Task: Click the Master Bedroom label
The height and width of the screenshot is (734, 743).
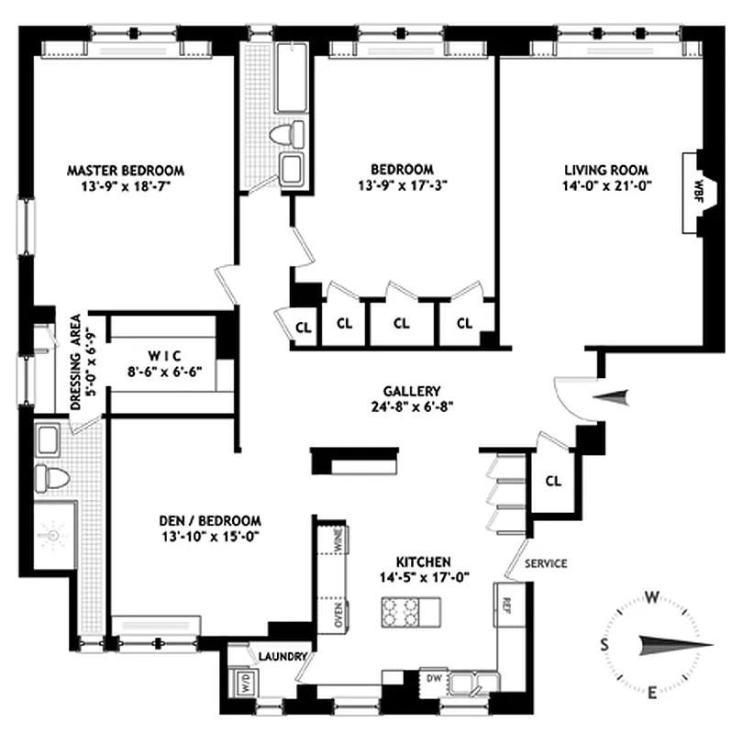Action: point(126,171)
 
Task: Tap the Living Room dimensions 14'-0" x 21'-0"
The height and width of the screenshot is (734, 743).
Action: point(605,186)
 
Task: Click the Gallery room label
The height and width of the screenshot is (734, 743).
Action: point(413,390)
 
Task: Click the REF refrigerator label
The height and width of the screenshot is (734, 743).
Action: point(505,603)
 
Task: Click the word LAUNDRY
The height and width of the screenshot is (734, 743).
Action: point(281,657)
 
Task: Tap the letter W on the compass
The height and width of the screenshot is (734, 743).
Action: point(652,598)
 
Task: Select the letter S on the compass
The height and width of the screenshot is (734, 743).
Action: point(605,643)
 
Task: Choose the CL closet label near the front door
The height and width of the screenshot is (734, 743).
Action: point(553,481)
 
